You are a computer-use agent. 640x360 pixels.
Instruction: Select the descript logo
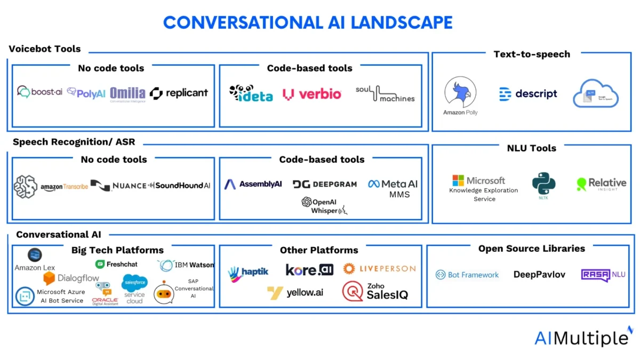pos(528,94)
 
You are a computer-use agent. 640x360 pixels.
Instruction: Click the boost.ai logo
pos(39,92)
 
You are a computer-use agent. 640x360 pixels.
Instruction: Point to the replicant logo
pos(179,93)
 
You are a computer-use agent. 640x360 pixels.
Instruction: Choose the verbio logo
pos(312,94)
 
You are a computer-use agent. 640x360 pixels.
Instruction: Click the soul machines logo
pos(385,93)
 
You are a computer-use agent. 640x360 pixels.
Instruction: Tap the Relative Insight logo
pos(601,185)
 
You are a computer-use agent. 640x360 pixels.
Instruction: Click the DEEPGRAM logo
pos(324,184)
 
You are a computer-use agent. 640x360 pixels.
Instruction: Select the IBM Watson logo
pos(186,265)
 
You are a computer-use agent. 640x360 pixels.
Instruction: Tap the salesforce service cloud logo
pos(134,288)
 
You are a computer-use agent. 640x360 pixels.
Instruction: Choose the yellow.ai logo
pos(297,292)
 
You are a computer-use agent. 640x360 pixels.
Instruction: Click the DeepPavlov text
pos(539,275)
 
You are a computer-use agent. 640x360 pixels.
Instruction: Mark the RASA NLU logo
pos(603,275)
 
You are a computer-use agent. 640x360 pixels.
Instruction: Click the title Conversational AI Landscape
pos(308,22)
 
